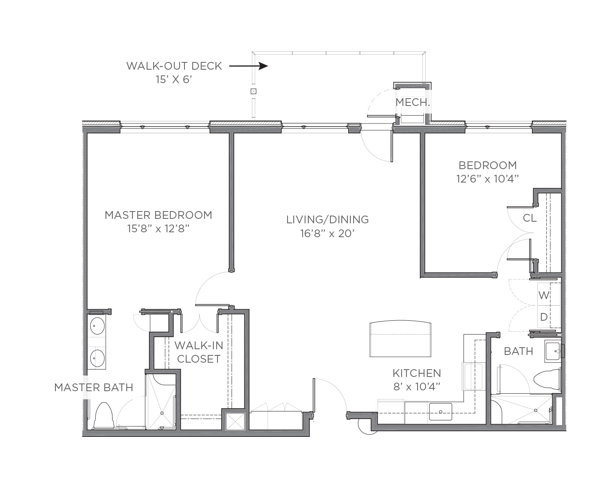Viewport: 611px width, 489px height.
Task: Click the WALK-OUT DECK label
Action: [x=174, y=66]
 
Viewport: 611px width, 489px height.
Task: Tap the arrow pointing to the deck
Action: [x=248, y=66]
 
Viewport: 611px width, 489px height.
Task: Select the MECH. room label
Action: [x=413, y=102]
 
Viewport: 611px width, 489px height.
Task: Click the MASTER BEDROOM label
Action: [x=158, y=215]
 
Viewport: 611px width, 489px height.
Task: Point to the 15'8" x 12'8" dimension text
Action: [x=158, y=229]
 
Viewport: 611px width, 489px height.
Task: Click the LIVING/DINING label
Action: [x=327, y=220]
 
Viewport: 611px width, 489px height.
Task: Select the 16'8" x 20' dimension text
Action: [x=327, y=233]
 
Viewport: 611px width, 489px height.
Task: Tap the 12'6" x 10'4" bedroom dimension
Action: [x=488, y=179]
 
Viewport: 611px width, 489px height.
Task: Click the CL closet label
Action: [x=530, y=218]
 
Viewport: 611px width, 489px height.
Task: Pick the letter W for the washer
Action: [x=544, y=295]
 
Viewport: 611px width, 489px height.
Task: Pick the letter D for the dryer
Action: [x=544, y=317]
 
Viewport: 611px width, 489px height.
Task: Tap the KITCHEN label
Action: [x=417, y=373]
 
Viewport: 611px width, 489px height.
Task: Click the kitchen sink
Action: [x=440, y=412]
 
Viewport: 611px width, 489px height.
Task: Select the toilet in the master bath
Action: [x=104, y=415]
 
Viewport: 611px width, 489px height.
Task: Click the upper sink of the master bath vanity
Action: [x=97, y=326]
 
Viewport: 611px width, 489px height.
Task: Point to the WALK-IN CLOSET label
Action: [x=198, y=352]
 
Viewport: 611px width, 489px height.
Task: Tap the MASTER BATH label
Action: [x=94, y=388]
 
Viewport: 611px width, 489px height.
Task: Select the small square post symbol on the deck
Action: [x=253, y=91]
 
